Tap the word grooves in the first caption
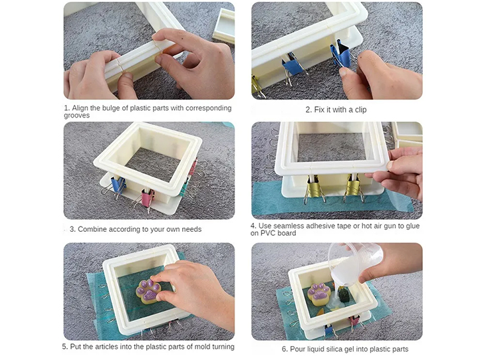coord(77,116)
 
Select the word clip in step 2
coord(360,110)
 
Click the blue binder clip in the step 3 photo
coord(118,186)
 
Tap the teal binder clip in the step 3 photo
coord(184,187)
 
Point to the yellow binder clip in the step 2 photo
coord(257,85)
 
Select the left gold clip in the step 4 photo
coord(314,187)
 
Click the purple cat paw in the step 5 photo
coord(149,292)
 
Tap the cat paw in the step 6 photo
coord(318,294)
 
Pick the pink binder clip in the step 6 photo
coord(354,321)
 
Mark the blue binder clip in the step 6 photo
coord(329,330)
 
